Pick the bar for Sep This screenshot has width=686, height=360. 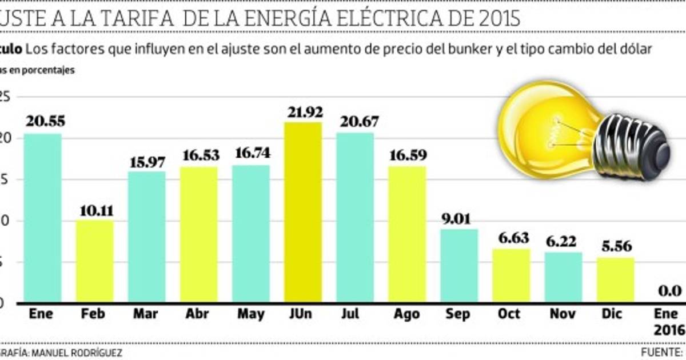click(x=459, y=265)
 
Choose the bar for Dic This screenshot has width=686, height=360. click(x=615, y=279)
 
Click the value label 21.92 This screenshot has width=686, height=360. click(x=303, y=112)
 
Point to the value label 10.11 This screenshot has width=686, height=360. click(x=94, y=210)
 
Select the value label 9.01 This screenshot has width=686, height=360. click(x=458, y=218)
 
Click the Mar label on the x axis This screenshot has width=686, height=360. click(x=146, y=314)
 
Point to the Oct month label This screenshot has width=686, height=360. click(x=509, y=314)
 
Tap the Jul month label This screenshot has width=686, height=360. click(x=354, y=314)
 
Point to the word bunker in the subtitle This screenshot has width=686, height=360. click(x=464, y=49)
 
